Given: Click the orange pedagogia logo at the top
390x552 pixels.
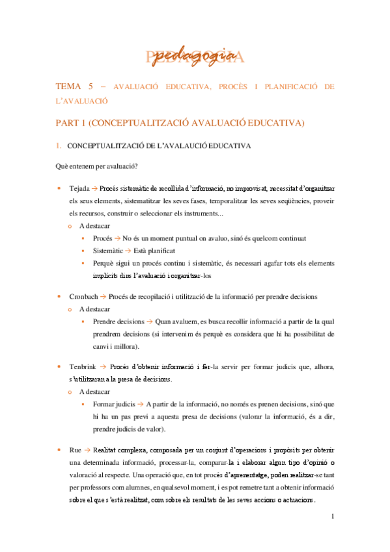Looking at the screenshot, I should click(x=195, y=57).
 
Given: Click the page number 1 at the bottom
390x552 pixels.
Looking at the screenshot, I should click(x=332, y=516).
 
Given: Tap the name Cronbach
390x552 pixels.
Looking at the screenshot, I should click(x=83, y=297).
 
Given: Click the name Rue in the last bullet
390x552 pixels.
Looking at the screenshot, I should click(x=76, y=449).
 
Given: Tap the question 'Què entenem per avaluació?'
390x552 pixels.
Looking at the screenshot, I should click(x=96, y=166).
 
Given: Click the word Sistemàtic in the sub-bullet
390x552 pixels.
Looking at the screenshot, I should click(x=109, y=251).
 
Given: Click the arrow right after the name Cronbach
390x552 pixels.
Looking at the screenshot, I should click(x=104, y=297).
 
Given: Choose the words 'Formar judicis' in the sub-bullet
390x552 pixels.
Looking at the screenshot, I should click(x=115, y=404).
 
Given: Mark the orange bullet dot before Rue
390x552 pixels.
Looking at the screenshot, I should click(x=59, y=449).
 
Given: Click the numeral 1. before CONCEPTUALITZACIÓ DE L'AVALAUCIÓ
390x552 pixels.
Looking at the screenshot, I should click(x=58, y=145).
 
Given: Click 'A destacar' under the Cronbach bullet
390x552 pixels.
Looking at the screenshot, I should click(x=94, y=309).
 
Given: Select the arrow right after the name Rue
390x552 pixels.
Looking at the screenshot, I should click(x=88, y=449).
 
